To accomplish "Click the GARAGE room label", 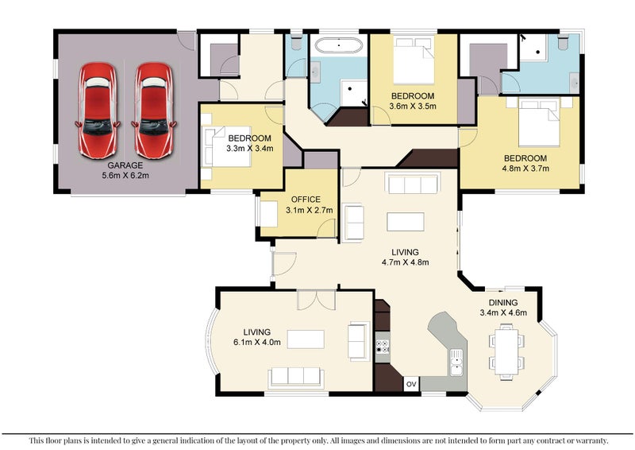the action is point(125,165).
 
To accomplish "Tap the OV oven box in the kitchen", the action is point(411,384).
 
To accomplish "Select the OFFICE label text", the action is point(306,200).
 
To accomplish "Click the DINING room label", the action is point(503,303).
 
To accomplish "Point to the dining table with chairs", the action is point(506,351).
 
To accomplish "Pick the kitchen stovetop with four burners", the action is point(383,347).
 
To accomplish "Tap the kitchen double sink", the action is point(456,363).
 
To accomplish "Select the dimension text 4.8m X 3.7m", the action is point(525,169).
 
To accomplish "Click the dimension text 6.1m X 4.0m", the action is point(257,342).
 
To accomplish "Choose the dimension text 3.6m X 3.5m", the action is point(413,107).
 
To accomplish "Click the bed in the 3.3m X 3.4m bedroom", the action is point(227,146).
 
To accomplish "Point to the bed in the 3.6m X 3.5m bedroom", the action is point(414,60).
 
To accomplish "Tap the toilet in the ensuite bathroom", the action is point(564,42).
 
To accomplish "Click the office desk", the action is point(268,214).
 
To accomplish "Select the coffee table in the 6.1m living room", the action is point(306,339).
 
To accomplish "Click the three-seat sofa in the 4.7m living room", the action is point(413,184).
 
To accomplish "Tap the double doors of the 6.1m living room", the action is point(316,300).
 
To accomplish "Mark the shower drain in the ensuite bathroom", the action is point(538,52).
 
